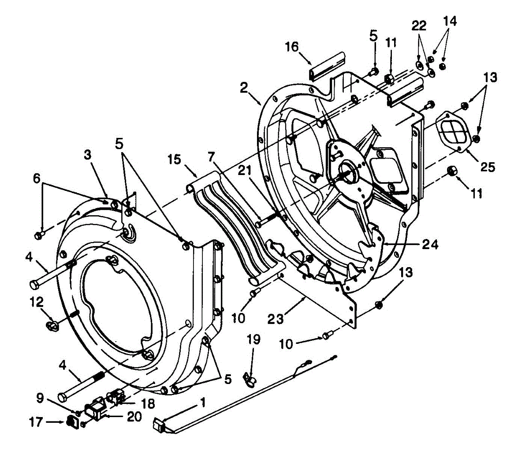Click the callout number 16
click(292, 46)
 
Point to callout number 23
click(276, 318)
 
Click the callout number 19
click(254, 339)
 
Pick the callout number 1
click(202, 402)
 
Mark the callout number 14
click(450, 21)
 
